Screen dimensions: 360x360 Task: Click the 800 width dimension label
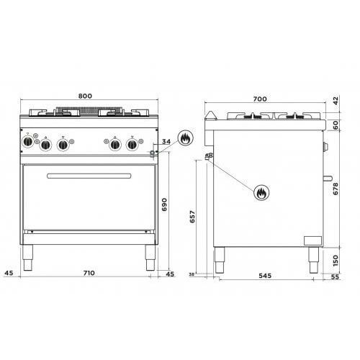tap(85, 96)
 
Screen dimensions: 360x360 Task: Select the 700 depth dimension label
tap(260, 99)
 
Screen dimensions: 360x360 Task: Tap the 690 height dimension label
tap(164, 204)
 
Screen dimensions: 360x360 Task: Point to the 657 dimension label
tap(192, 217)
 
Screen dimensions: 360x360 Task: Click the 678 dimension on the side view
tap(336, 189)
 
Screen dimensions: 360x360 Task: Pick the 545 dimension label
tap(265, 276)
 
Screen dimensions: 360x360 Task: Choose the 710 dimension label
tap(89, 273)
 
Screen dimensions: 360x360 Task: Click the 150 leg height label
tap(336, 261)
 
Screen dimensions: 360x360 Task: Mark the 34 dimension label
tap(166, 142)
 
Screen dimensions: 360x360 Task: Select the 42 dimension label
tap(336, 101)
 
